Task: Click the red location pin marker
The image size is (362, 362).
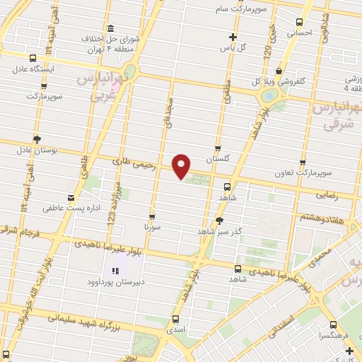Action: click(x=182, y=165)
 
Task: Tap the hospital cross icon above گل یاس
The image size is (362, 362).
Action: click(x=233, y=37)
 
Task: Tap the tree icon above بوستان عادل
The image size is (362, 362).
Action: click(x=37, y=139)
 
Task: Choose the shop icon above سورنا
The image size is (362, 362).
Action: click(x=152, y=217)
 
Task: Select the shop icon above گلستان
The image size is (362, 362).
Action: click(x=218, y=149)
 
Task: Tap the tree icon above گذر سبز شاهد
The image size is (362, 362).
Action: click(x=219, y=221)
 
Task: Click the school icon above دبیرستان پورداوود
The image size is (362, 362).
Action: click(x=115, y=271)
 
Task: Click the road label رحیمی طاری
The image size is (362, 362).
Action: click(x=132, y=163)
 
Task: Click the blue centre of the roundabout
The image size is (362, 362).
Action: click(x=269, y=95)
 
